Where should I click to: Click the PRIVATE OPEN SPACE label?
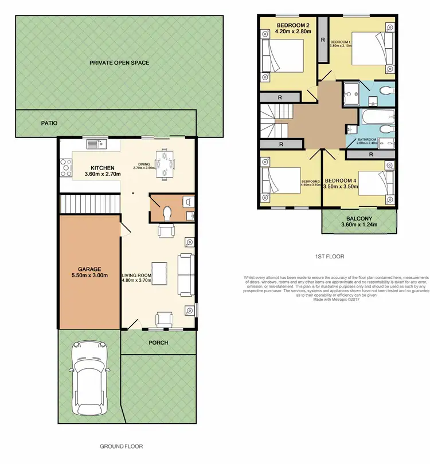[x=119, y=62]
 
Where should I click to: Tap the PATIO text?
[x=49, y=123]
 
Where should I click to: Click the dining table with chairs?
[x=165, y=163]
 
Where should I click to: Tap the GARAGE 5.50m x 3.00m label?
[x=89, y=272]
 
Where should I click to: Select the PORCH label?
[x=158, y=343]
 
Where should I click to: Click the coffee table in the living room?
[x=159, y=273]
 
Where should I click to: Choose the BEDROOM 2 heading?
[x=294, y=25]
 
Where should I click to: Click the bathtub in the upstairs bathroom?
[x=377, y=119]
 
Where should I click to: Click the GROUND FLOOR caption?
[x=121, y=446]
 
